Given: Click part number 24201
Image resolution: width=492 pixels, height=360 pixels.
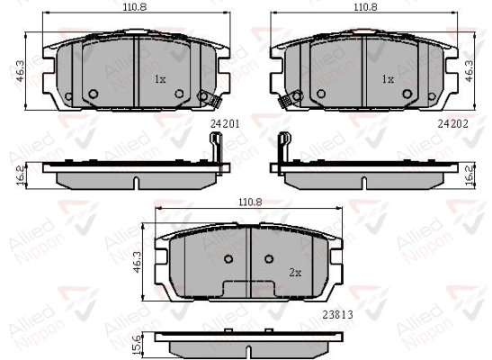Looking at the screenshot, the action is pyautogui.click(x=225, y=124).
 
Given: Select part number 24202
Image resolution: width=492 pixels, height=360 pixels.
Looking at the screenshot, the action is pyautogui.click(x=452, y=124).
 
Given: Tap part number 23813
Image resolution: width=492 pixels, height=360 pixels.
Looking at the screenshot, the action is pyautogui.click(x=337, y=314).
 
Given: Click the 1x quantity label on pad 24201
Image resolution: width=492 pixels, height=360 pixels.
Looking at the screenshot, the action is pyautogui.click(x=160, y=79).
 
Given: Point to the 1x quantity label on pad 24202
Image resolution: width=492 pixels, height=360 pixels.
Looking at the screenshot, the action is pyautogui.click(x=388, y=79).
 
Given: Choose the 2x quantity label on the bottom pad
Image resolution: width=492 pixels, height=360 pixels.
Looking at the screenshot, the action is pyautogui.click(x=295, y=273).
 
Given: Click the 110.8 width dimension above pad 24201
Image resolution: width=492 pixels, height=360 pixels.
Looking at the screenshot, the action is pyautogui.click(x=135, y=7).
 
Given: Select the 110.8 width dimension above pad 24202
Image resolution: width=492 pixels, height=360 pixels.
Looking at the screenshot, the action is pyautogui.click(x=365, y=7).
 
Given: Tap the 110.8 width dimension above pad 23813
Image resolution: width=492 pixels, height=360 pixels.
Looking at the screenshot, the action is pyautogui.click(x=250, y=202).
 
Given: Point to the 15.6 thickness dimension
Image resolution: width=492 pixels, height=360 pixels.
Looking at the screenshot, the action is pyautogui.click(x=137, y=345).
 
